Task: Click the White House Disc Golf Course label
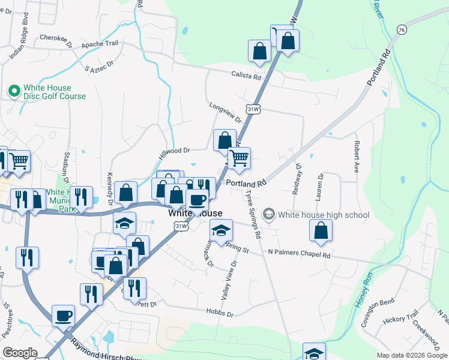point(54,92)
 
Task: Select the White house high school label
point(323,215)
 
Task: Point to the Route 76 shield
point(401,29)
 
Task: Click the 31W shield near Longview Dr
point(253,109)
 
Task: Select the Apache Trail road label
point(100,44)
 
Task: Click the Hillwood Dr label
point(174,151)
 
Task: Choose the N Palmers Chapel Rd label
point(299,254)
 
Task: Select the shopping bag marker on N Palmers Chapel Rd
point(322,230)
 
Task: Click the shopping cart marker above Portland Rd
point(239,158)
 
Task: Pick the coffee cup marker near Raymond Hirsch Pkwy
point(63,315)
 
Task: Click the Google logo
point(20,353)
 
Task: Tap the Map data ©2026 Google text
point(412,355)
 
